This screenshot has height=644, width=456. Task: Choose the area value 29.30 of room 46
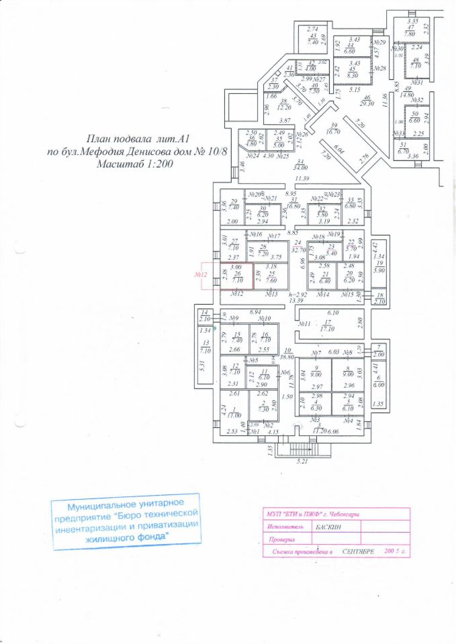point(366,103)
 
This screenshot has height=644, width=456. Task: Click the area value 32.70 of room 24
point(299,248)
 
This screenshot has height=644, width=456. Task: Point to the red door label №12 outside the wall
point(199,274)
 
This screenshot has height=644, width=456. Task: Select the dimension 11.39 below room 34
point(302,178)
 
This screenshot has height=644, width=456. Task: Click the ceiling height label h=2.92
point(298,294)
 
